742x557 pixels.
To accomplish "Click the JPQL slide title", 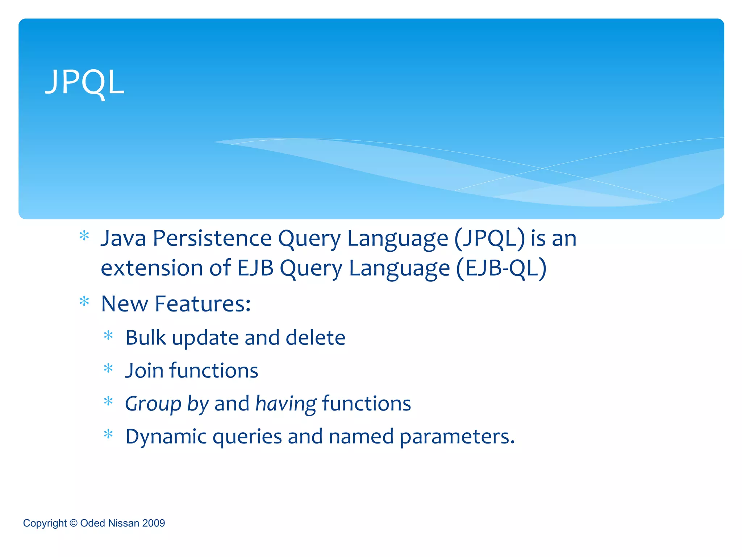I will click(x=84, y=83).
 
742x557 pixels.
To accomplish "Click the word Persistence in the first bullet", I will click(x=212, y=239).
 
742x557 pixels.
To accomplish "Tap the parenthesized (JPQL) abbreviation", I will click(x=489, y=239).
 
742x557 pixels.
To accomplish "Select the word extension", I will click(x=151, y=268).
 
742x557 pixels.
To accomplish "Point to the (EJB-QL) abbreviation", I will click(x=501, y=268).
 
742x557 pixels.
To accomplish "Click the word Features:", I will click(x=203, y=304).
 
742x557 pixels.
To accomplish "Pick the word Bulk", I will click(x=146, y=338).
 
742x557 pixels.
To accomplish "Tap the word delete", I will click(x=315, y=338).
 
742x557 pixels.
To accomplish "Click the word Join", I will click(x=144, y=371).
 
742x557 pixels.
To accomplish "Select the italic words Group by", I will click(x=167, y=404).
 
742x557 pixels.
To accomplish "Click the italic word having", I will click(x=286, y=404).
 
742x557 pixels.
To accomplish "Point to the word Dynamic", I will click(x=166, y=436).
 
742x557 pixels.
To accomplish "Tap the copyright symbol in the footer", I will click(x=73, y=523).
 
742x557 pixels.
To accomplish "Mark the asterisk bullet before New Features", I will click(x=84, y=301).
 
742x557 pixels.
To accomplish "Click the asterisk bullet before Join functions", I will click(x=108, y=369).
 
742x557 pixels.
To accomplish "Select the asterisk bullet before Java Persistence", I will click(x=84, y=236).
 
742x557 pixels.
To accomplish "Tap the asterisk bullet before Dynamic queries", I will click(x=108, y=434).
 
